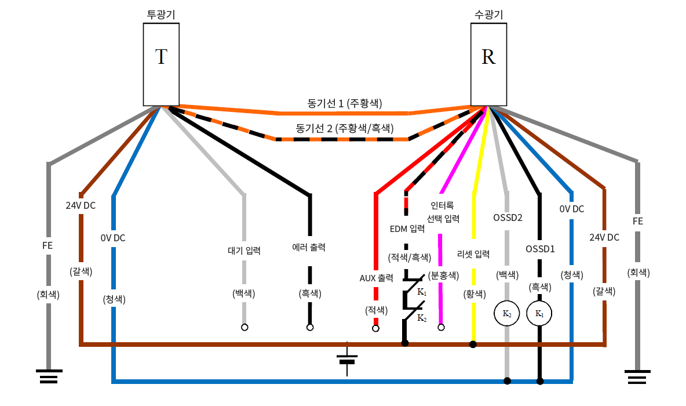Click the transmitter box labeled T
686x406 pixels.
161,64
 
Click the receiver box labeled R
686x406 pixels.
488,64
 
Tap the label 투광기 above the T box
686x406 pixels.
161,14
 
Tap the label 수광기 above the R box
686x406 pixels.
488,14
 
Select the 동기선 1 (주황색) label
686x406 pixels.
344,104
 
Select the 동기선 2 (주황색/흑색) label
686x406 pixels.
344,128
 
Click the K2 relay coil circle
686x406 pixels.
506,314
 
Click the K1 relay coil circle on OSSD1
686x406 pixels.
539,314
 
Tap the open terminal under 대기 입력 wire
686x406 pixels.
245,328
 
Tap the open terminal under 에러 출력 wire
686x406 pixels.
310,328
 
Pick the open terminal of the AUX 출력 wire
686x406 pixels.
375,328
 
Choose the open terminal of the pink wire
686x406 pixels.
441,328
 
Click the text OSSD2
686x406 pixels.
508,218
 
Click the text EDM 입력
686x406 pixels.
407,229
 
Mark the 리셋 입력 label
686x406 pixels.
473,254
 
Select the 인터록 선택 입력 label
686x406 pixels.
443,212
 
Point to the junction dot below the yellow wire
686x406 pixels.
473,345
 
